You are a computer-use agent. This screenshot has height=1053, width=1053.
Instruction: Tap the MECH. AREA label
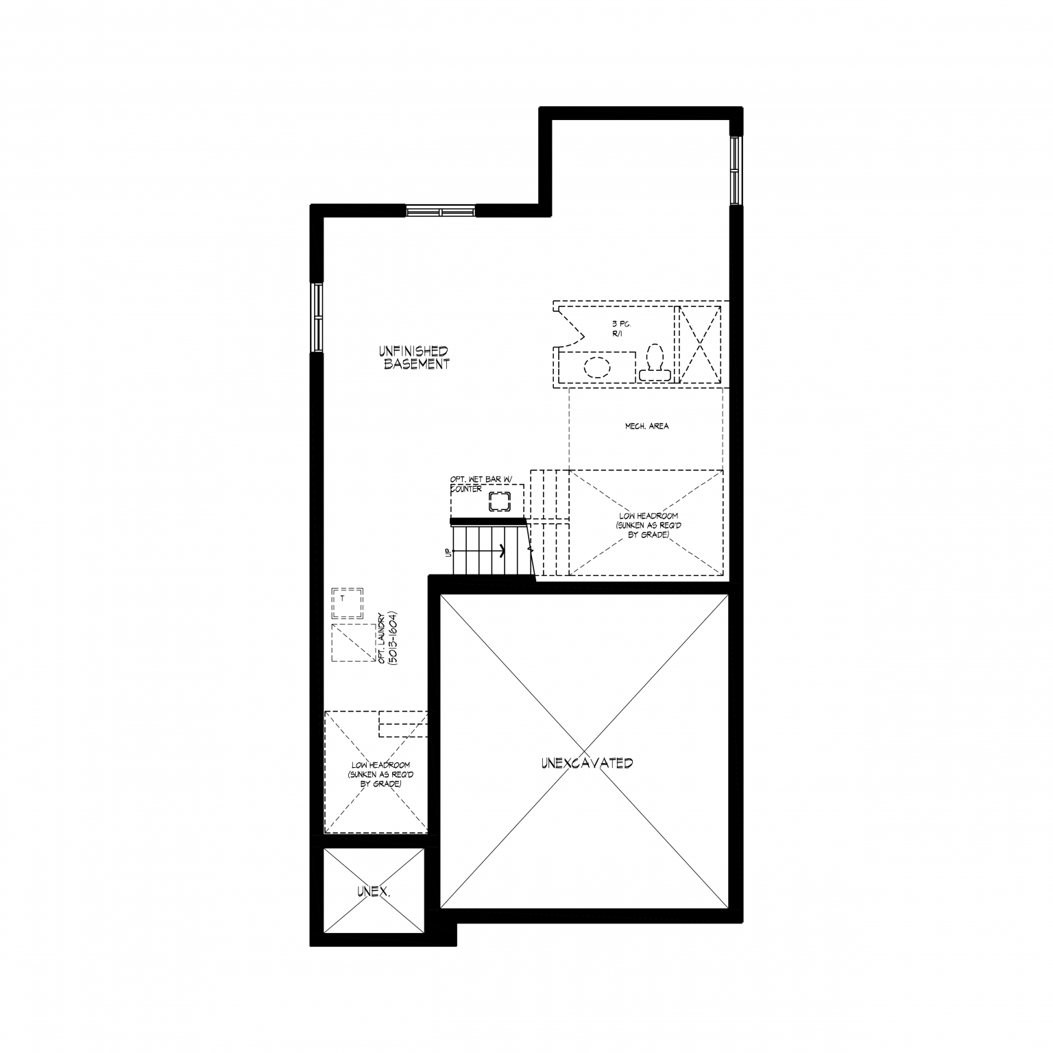point(646,426)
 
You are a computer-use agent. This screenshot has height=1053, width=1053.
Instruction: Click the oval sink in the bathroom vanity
point(597,367)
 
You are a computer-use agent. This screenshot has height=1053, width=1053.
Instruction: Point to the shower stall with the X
point(699,344)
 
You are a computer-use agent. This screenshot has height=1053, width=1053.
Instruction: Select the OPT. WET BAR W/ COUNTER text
point(481,484)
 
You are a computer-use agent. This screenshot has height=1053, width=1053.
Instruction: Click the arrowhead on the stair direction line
point(503,550)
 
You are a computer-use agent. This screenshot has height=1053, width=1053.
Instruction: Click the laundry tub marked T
point(347,603)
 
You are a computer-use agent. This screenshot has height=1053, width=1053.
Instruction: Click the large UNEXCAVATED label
point(586,763)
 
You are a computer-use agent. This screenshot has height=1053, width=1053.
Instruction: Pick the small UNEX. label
point(374,892)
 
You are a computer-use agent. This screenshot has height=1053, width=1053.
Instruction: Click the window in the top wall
point(441,210)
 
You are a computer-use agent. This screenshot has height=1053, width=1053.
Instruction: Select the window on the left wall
point(317,318)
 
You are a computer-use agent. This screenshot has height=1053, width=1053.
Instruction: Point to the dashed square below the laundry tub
point(354,642)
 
